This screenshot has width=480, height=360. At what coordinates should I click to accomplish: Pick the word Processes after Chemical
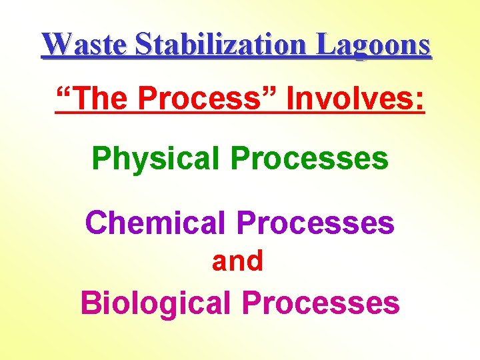(x=316, y=223)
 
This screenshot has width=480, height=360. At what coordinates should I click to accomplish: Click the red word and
(x=238, y=261)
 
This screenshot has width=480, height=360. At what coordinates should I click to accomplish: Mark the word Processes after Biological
(x=321, y=303)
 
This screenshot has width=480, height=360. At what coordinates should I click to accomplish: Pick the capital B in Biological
(x=89, y=303)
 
